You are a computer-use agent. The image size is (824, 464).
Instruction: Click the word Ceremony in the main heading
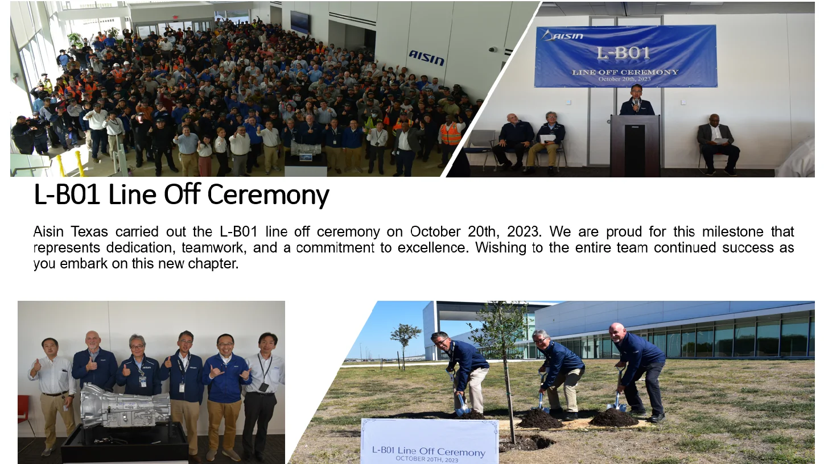pyautogui.click(x=268, y=195)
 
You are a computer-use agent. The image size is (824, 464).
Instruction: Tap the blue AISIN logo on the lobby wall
pyautogui.click(x=426, y=58)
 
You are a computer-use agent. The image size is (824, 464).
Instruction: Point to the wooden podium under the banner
pyautogui.click(x=635, y=144)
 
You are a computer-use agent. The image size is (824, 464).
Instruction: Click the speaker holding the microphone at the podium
pyautogui.click(x=637, y=100)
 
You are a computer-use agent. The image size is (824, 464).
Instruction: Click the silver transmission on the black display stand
pyautogui.click(x=125, y=407)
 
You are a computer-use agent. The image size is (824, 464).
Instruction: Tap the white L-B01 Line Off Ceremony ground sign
pyautogui.click(x=429, y=441)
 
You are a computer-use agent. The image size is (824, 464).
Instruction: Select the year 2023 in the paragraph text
pyautogui.click(x=524, y=232)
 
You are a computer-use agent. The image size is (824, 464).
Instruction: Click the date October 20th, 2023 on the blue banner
pyautogui.click(x=624, y=79)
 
